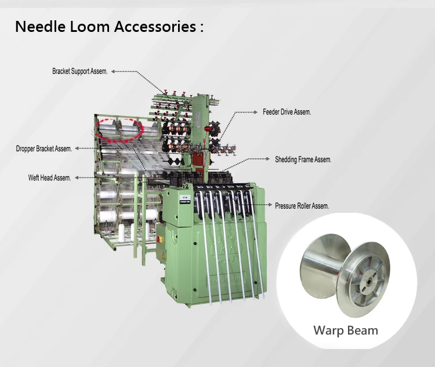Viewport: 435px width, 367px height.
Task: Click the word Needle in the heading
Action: (x=37, y=26)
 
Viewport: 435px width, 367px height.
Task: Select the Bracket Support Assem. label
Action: (x=79, y=71)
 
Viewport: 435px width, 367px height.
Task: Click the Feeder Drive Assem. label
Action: (x=287, y=112)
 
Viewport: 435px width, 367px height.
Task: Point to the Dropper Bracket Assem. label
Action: (x=44, y=149)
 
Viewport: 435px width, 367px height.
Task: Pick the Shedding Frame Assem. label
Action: (x=303, y=159)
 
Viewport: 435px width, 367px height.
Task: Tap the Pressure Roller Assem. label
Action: (x=302, y=205)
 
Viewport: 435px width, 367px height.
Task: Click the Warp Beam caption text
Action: (x=346, y=330)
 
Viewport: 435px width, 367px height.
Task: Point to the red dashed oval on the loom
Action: (x=119, y=129)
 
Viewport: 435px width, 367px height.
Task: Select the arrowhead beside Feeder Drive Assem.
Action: (x=256, y=112)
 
